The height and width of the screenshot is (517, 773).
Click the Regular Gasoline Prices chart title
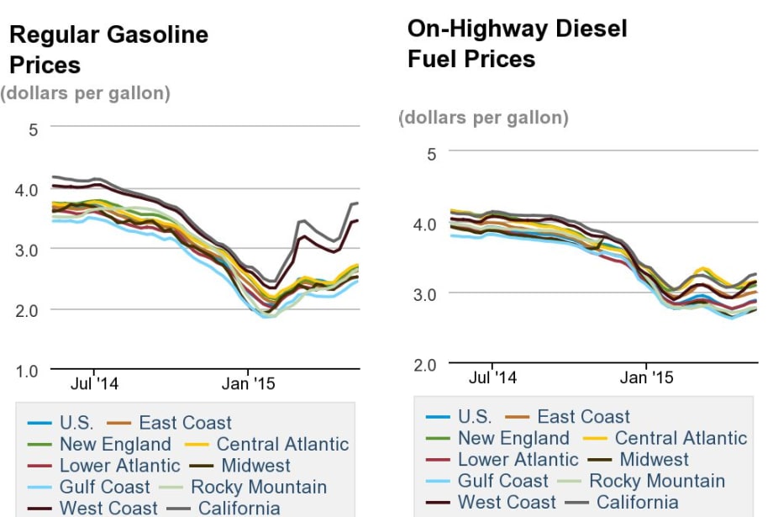click(108, 50)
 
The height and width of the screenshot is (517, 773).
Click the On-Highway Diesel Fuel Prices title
click(516, 44)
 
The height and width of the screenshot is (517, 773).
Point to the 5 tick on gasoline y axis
click(34, 129)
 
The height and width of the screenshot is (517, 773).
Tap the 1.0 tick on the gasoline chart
click(28, 370)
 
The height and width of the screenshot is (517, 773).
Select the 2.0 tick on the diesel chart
click(424, 364)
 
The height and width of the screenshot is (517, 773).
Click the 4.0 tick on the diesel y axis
click(424, 224)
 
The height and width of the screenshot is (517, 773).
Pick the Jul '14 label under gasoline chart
click(94, 384)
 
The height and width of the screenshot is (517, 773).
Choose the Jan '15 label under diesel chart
click(646, 377)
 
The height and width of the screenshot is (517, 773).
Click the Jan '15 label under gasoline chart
click(248, 384)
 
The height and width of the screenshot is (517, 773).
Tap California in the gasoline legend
click(239, 508)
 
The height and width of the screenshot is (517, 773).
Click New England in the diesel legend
click(513, 438)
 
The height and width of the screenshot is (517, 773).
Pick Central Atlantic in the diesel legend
click(680, 438)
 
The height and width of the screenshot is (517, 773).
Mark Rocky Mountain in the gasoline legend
click(258, 487)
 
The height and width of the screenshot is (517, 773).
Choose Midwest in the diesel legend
click(653, 460)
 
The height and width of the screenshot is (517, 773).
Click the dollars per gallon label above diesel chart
click(483, 118)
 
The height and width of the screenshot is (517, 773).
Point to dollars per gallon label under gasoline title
click(86, 93)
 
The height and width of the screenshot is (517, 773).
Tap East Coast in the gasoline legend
click(185, 423)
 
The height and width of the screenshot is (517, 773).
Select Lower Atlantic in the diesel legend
click(518, 460)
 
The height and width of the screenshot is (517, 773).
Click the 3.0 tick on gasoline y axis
click(28, 250)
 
